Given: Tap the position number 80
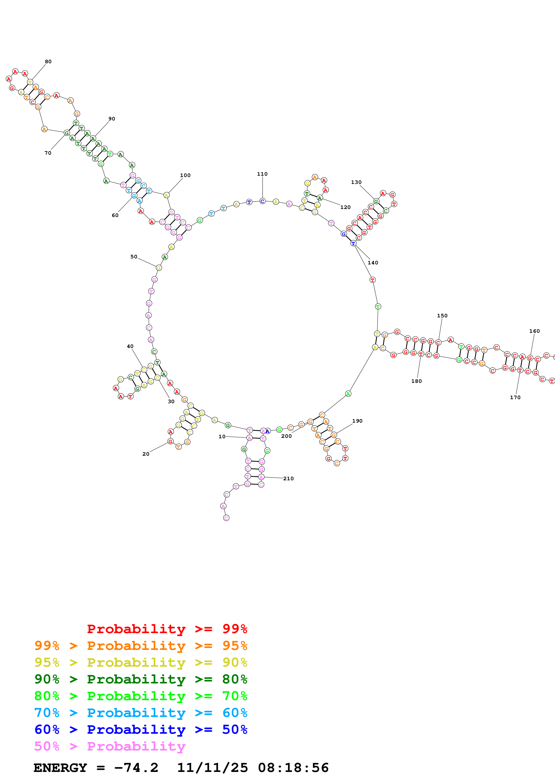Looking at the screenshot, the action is coord(48,61).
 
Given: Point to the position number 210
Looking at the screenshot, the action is coord(288,478).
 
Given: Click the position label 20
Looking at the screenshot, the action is coord(146,454).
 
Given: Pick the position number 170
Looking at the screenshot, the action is coord(515,397).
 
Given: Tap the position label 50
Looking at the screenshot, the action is coord(134,256).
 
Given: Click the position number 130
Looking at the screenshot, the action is coord(356,182).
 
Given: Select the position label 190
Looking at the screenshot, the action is coord(357,421).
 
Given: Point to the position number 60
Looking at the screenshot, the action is coord(115,215).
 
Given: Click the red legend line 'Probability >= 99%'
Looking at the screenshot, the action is coord(167,629).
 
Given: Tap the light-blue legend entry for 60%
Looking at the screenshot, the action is coord(141,713).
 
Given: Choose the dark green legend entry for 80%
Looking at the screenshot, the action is coord(141,679).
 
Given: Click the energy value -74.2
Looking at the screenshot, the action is coord(136,768).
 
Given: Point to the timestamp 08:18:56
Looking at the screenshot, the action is coord(293,768).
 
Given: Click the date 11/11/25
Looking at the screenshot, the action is coord(212,768).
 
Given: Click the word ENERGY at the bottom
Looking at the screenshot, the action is coord(60,768).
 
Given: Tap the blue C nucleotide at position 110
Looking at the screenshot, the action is coord(262,201).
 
